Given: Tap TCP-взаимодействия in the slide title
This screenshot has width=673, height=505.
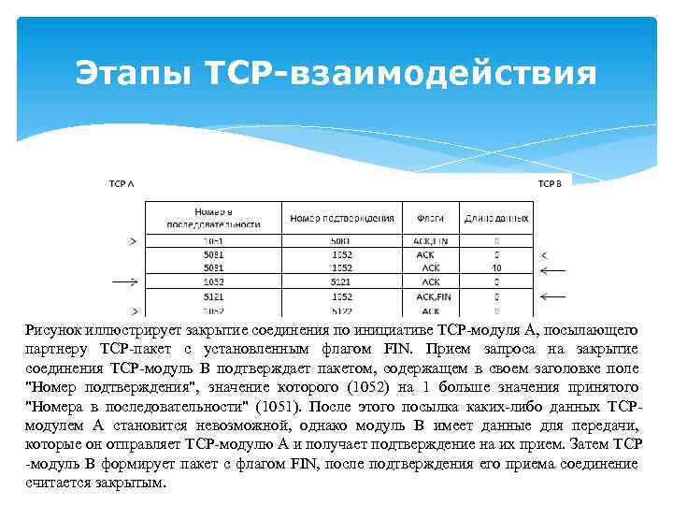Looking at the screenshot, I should tap(394, 72).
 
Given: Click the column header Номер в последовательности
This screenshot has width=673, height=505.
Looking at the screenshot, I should tap(213, 218).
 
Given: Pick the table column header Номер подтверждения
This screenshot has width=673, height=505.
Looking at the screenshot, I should tap(342, 218).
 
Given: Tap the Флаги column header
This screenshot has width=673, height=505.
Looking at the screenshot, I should tap(430, 218).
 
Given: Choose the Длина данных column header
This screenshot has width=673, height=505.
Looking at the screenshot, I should tap(496, 218).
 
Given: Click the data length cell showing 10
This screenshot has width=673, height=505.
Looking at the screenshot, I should tap(496, 267).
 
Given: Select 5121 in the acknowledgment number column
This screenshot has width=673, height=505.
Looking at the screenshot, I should tap(342, 281).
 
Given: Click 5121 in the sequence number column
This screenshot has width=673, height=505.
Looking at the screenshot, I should tap(213, 296).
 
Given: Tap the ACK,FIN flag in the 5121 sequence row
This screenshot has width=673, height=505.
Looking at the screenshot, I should tap(431, 296).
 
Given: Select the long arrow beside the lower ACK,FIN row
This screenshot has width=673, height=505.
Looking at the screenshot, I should tap(552, 296).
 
